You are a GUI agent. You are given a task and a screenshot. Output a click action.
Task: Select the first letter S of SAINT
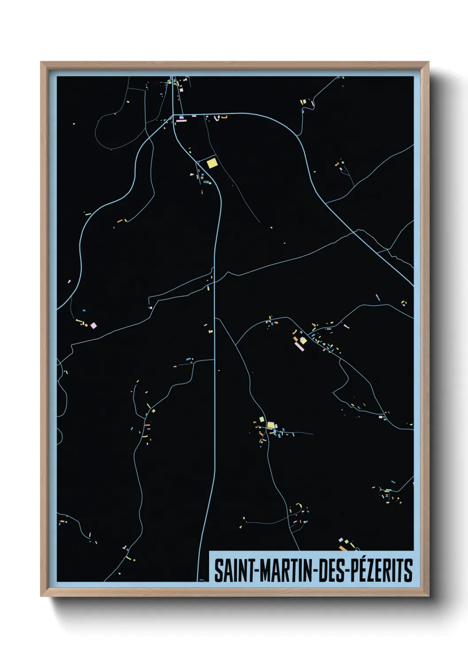[218, 570]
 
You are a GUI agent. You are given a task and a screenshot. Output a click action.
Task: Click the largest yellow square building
[212, 163]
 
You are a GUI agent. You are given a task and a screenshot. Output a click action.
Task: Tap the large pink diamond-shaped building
[93, 326]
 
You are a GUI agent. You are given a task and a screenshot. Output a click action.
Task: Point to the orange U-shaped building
[224, 117]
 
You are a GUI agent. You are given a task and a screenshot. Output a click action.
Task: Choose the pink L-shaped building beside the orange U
[216, 118]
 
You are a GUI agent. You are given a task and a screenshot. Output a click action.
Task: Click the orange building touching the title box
[343, 548]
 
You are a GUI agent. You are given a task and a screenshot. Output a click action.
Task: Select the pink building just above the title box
[341, 540]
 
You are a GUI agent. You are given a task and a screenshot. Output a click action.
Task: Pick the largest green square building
[261, 418]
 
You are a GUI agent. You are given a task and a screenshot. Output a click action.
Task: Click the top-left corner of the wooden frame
[41, 62]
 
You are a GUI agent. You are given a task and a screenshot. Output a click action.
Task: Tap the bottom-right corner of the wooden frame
[428, 596]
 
